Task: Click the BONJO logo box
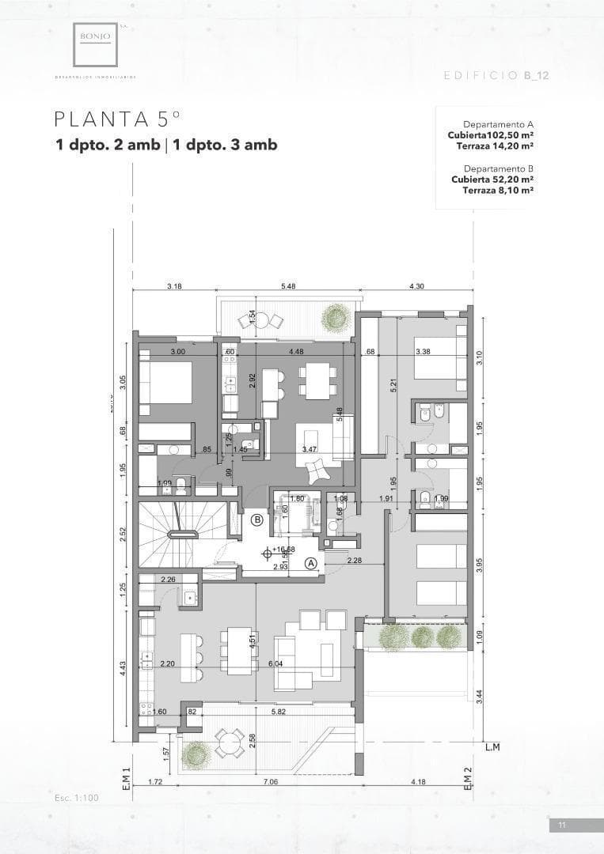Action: point(97,43)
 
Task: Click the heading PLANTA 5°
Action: point(117,119)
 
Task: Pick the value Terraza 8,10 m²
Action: point(497,190)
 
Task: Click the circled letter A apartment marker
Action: point(311,562)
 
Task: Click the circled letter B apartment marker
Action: point(257,520)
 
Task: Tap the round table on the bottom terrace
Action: point(230,743)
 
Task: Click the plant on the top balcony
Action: point(336,318)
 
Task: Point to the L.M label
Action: point(492,746)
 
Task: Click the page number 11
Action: point(562,826)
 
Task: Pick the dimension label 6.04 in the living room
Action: point(276,663)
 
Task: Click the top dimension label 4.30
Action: point(416,286)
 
